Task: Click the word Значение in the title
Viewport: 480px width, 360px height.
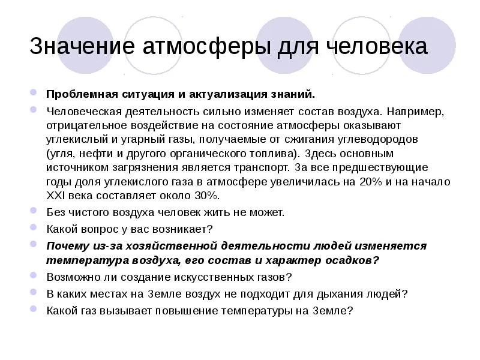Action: tap(82, 46)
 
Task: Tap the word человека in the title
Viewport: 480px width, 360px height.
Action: tap(376, 46)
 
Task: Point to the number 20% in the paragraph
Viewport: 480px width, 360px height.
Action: tap(371, 182)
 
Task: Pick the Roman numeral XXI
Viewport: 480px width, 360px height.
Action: tap(55, 196)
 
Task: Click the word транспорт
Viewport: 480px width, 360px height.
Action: tap(262, 168)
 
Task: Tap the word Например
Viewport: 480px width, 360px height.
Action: tap(415, 112)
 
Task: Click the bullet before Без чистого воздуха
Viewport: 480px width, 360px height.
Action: tap(34, 211)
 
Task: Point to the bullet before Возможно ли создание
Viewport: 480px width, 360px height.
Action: tap(34, 275)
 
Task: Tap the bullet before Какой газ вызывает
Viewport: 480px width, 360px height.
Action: tap(34, 309)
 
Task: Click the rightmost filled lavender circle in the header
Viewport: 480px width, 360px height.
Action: tap(427, 45)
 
